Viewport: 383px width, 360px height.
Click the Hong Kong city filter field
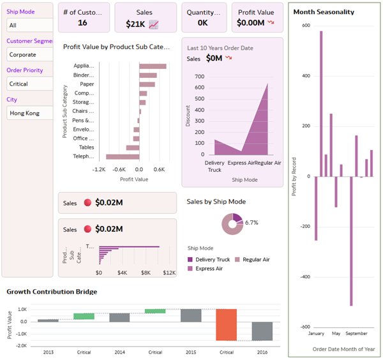click(28, 113)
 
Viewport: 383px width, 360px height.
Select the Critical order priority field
click(28, 84)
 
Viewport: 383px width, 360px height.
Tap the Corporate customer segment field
click(28, 54)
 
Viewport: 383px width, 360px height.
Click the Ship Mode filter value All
click(28, 25)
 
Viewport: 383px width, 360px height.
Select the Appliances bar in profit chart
click(153, 66)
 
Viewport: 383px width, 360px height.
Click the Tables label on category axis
click(86, 147)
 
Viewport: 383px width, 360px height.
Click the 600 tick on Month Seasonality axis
click(306, 26)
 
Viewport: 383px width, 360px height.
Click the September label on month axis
click(356, 333)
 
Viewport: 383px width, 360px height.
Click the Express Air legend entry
click(207, 269)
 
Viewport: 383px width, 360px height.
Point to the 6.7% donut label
click(252, 223)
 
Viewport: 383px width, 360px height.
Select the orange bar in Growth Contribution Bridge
click(227, 324)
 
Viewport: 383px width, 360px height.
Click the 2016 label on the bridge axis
click(262, 352)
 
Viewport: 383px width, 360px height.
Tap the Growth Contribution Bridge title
click(52, 292)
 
